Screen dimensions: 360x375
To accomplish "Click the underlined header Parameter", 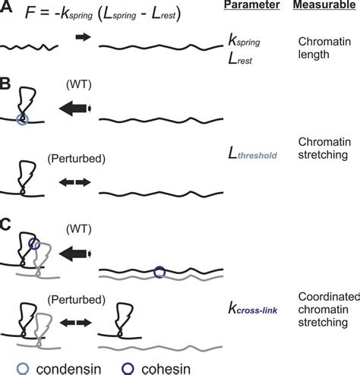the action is tap(251, 5).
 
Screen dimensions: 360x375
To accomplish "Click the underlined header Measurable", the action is tap(324, 5).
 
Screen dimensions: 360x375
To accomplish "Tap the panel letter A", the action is tap(6, 6).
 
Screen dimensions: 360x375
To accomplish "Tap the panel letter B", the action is tap(5, 84).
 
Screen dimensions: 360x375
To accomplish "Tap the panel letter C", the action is tap(5, 224).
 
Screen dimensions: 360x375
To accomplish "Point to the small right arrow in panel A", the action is tap(83, 37).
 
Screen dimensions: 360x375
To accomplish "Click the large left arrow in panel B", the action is tap(75, 109).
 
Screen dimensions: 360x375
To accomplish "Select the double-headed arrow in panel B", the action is tap(75, 182).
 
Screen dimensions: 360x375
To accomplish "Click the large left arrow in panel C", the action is tap(75, 254).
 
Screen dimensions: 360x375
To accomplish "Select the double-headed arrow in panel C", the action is tap(76, 323).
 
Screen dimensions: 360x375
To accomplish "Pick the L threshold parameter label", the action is tap(252, 153).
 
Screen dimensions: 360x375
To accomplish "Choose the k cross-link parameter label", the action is tap(253, 309).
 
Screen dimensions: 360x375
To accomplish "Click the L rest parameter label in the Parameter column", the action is tap(240, 59).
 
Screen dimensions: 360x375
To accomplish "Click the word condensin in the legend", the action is tap(68, 369).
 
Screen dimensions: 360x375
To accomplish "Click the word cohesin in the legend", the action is tap(166, 369).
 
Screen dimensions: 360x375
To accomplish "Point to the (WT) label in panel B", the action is tap(79, 84).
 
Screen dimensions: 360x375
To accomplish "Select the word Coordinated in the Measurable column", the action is tap(329, 297).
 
